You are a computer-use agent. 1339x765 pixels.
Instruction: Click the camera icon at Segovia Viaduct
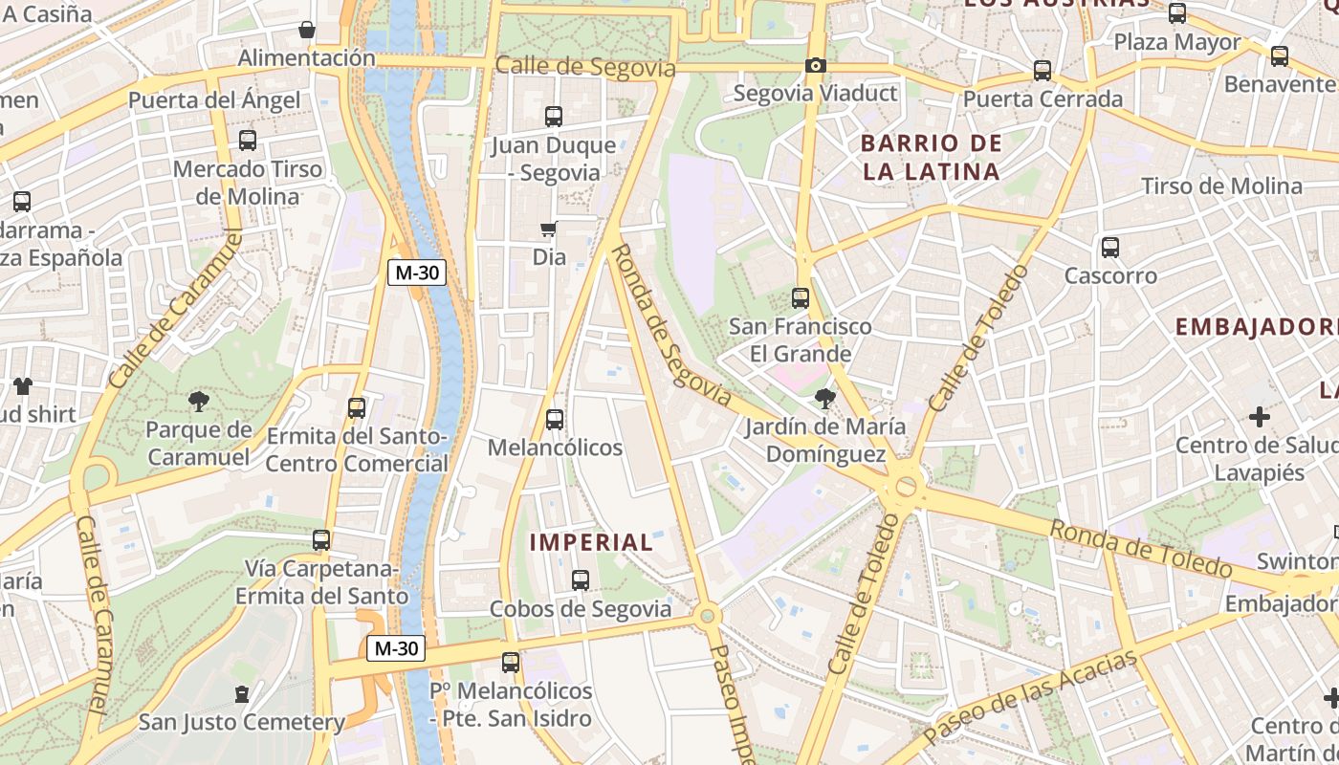[x=815, y=66]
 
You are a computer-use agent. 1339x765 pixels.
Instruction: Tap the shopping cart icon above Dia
[x=548, y=229]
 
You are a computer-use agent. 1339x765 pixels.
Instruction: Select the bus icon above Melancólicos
[x=554, y=419]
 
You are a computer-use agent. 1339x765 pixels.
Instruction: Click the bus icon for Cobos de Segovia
[x=580, y=579]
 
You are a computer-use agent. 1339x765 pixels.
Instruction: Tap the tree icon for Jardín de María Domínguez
[x=823, y=398]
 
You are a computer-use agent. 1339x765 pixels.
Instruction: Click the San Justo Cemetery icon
[x=242, y=693]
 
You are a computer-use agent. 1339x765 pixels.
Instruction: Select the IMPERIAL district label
[x=591, y=542]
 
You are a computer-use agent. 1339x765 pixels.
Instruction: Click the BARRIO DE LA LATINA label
[x=932, y=158]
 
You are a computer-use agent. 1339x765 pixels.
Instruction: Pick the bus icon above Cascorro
[x=1110, y=248]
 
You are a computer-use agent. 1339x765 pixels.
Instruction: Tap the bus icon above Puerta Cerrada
[x=1043, y=71]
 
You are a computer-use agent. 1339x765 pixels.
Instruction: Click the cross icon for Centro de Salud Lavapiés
[x=1260, y=417]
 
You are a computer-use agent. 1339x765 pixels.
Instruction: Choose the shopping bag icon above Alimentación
[x=307, y=30]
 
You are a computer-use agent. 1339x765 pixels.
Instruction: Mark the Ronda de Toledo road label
[x=1140, y=549]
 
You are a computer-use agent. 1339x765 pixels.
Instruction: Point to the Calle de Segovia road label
[x=585, y=67]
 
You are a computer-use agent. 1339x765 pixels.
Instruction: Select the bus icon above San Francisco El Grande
[x=801, y=298]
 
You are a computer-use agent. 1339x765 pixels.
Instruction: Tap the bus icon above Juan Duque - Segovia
[x=554, y=117]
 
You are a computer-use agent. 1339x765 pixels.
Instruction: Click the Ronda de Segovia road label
[x=670, y=325]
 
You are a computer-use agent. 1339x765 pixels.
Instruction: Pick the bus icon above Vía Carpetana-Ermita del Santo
[x=321, y=540]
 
